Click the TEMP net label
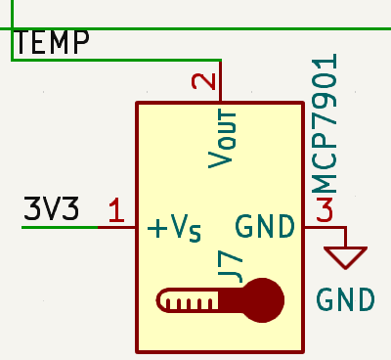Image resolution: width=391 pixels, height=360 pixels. (x=53, y=43)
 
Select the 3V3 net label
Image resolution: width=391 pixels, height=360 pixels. (x=51, y=210)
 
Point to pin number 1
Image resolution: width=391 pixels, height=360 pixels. (x=116, y=210)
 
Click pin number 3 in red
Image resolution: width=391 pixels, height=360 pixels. (x=325, y=210)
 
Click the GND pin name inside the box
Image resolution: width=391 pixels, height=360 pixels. (x=265, y=228)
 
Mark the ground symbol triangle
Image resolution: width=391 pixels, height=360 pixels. (x=347, y=256)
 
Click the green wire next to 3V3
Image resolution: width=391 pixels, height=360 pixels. (x=59, y=227)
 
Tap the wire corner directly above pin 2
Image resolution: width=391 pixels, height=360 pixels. (x=222, y=61)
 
